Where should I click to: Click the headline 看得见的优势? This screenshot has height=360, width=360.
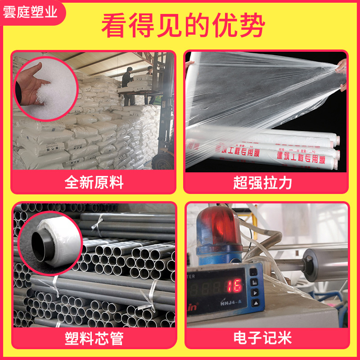coord(182,26)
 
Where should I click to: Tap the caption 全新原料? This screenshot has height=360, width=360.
coord(94,182)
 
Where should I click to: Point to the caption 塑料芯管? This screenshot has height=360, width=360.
coord(94,338)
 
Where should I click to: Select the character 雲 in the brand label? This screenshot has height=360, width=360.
coord(10,12)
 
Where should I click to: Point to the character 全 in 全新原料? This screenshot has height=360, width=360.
coord(72,182)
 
